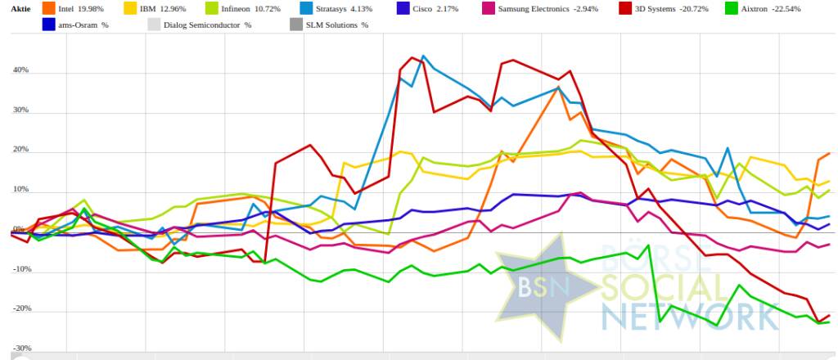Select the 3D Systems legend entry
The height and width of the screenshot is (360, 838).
(672, 9)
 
